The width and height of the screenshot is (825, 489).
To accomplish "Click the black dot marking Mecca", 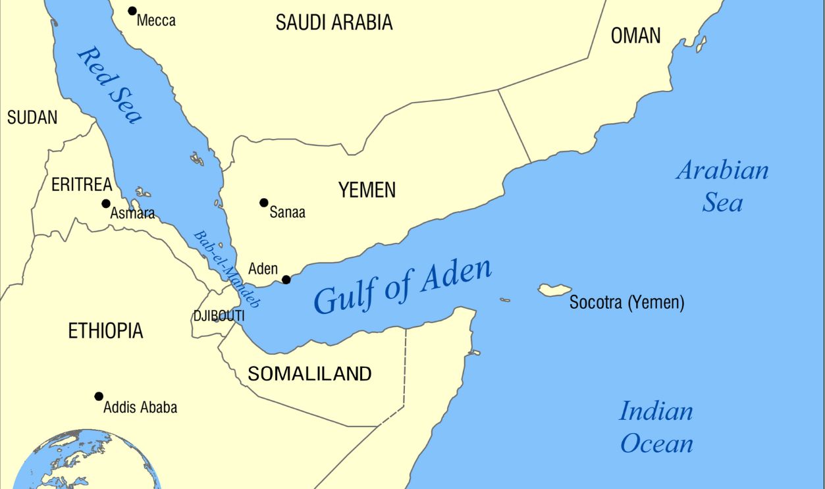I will tap(132, 11).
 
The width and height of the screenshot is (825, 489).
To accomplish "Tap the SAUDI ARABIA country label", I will tap(334, 22).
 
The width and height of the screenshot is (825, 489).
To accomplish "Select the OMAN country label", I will tap(635, 36).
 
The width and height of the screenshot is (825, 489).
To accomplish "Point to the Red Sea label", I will tap(110, 84).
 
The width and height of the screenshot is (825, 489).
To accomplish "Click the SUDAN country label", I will tap(32, 117).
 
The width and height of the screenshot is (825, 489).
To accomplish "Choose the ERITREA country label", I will tap(82, 185).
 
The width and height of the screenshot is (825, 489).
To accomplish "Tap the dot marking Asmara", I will tap(105, 203).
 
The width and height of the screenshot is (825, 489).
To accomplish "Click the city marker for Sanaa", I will tap(264, 203).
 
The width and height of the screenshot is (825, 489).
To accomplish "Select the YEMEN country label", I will tap(367, 190).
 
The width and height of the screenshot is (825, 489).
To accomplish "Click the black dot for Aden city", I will tap(286, 280).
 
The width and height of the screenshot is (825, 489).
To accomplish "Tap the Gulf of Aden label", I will tap(402, 287).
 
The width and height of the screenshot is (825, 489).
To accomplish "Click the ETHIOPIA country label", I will tap(105, 331).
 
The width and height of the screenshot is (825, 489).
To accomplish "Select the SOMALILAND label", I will tap(309, 374).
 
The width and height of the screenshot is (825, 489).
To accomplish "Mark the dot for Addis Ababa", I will tap(99, 396).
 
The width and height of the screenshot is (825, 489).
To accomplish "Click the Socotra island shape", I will tap(554, 290).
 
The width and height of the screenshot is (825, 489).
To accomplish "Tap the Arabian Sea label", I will tap(722, 186).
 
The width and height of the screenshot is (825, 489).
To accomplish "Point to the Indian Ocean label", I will tap(656, 426).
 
